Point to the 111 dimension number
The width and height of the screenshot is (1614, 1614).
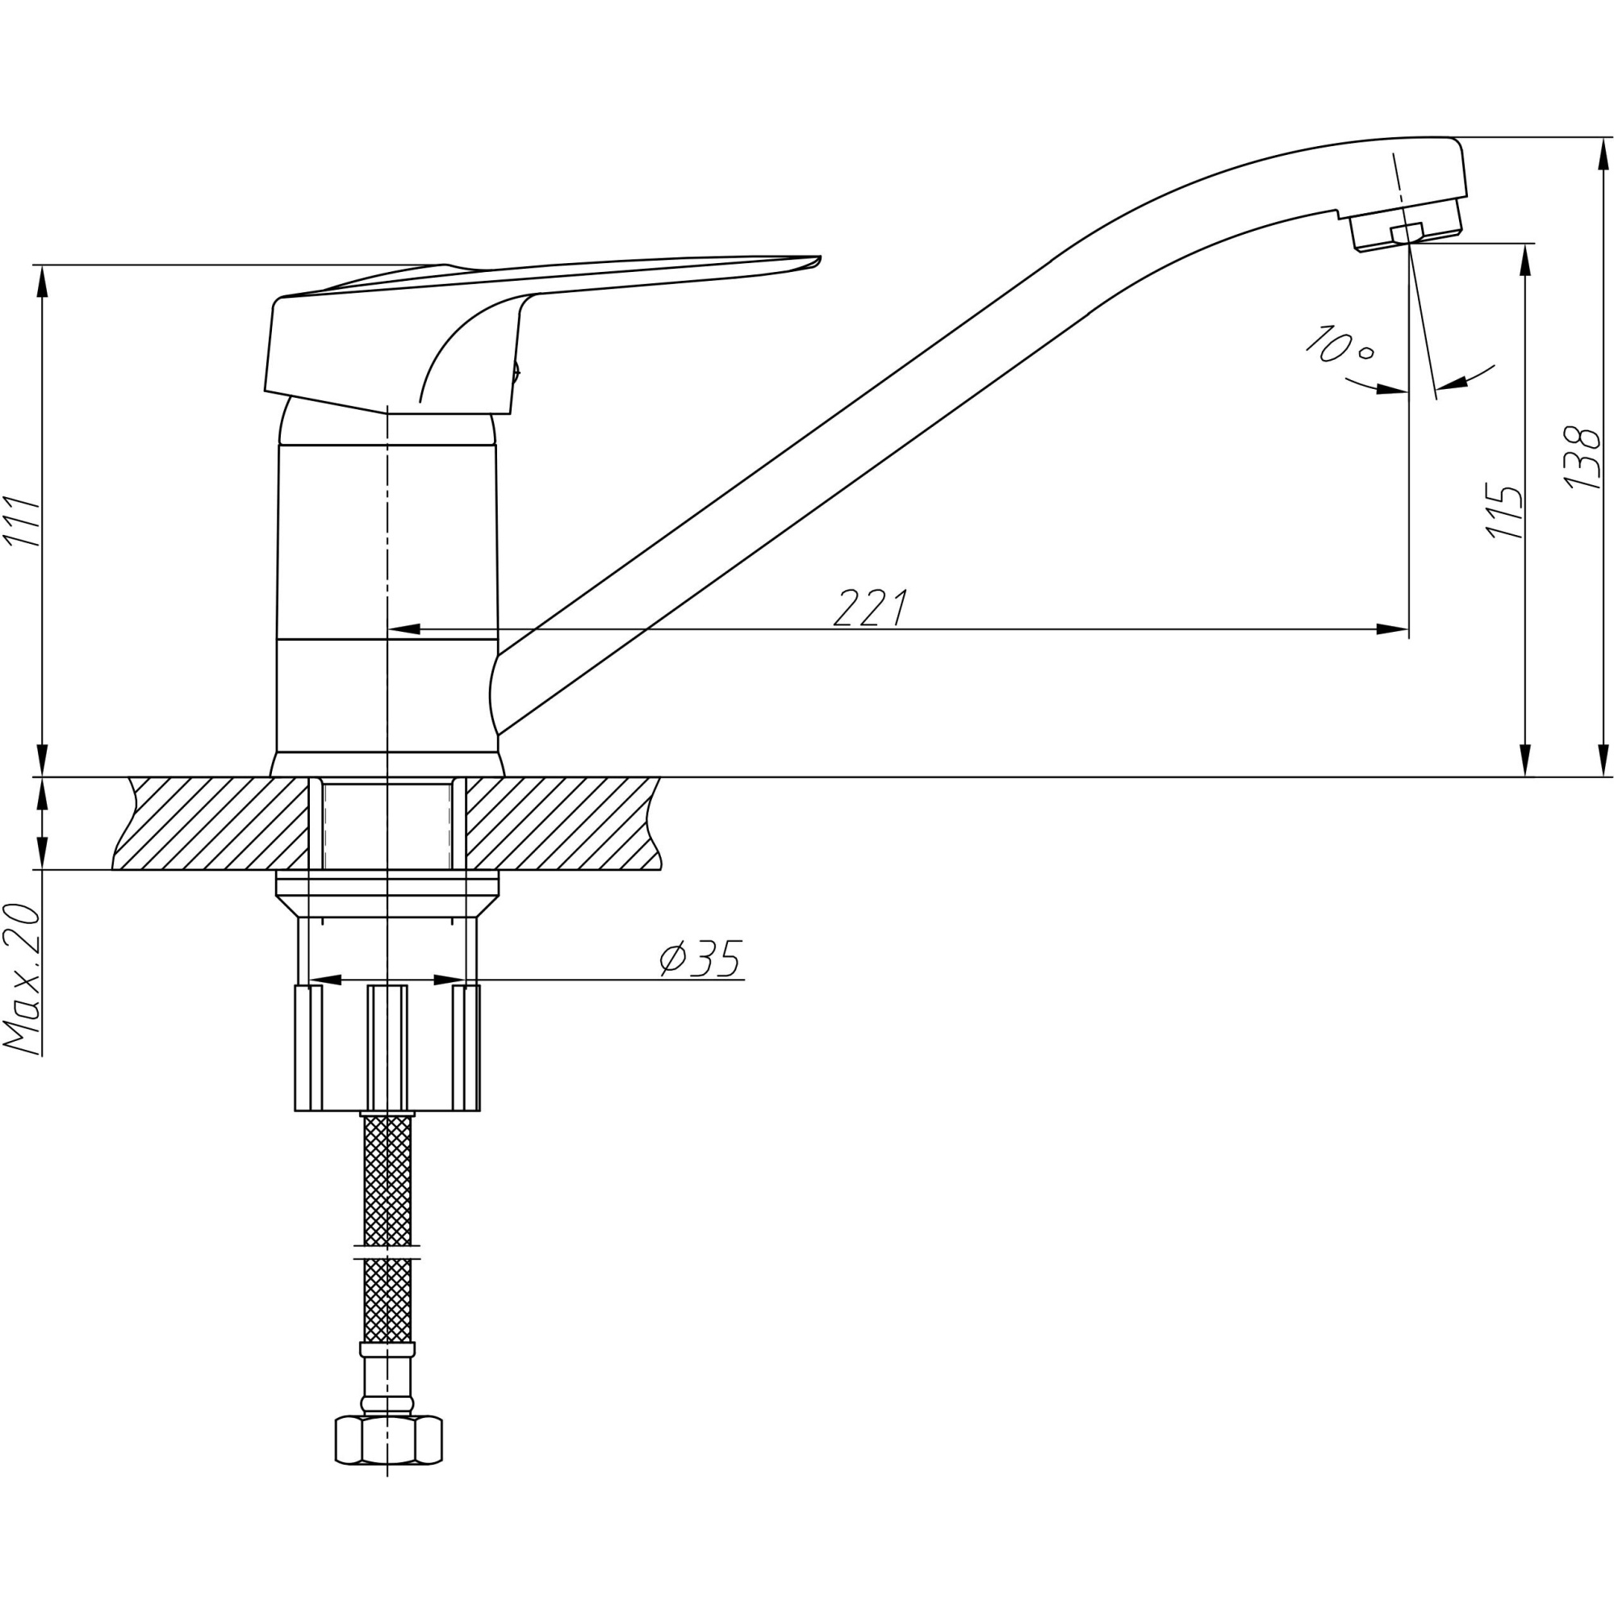[x=22, y=521]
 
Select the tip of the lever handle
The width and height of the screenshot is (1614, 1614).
[x=821, y=257]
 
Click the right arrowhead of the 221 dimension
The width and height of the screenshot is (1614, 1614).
[x=1393, y=629]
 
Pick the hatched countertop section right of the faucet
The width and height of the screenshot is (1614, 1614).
[x=562, y=823]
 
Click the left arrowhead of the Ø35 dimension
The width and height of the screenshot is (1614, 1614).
[x=326, y=980]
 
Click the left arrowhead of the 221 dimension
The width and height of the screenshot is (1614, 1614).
[x=404, y=629]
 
